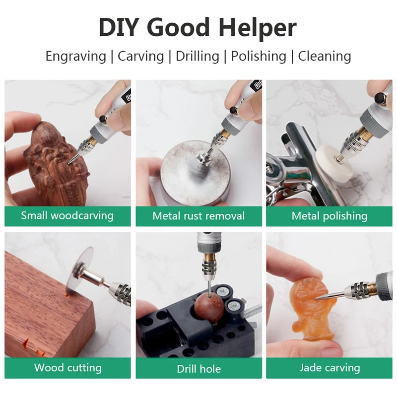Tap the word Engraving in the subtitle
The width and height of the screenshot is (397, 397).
[x=75, y=56]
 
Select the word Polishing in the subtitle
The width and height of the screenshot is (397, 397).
[x=258, y=56]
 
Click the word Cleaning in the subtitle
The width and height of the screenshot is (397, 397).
[x=324, y=56]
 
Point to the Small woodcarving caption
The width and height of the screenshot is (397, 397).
[x=67, y=216]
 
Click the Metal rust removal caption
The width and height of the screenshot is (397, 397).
[x=198, y=216]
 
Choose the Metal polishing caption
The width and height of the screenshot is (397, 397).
[x=330, y=216]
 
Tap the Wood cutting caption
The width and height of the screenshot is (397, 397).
[x=67, y=368]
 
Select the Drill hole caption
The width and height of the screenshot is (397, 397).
[x=198, y=369]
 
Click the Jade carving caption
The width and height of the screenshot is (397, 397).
[x=330, y=368]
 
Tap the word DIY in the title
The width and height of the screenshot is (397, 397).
[x=119, y=28]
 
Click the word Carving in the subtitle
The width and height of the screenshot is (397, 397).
[x=141, y=56]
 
